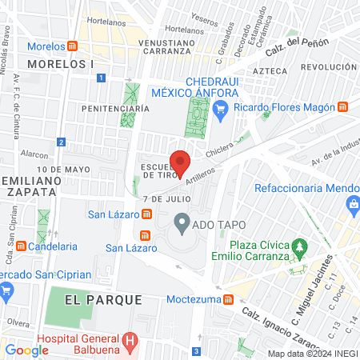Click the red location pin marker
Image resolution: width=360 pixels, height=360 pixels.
[180, 162]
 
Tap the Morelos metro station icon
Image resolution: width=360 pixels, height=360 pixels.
[73, 46]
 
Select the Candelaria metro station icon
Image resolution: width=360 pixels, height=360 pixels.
[21, 246]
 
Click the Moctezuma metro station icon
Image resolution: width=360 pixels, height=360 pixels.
[229, 300]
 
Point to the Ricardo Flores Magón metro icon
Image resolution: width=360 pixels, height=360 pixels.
[342, 106]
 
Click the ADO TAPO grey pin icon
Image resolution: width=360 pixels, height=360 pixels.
[182, 223]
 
